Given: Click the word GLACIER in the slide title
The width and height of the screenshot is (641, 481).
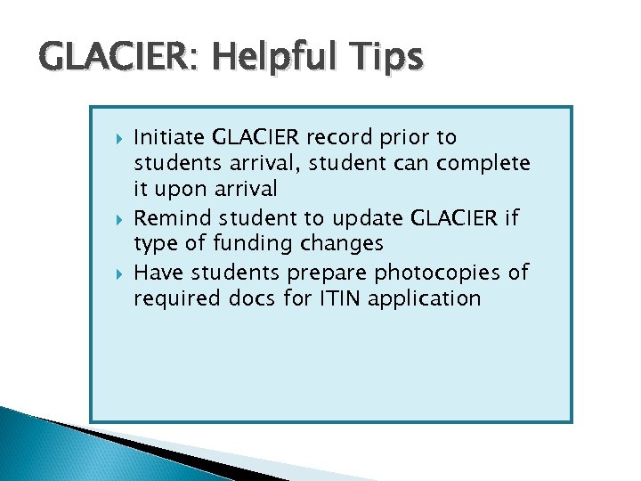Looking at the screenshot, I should (104, 56).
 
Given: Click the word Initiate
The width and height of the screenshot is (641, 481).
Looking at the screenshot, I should (169, 137).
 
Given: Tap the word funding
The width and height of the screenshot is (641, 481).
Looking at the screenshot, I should (257, 244).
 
